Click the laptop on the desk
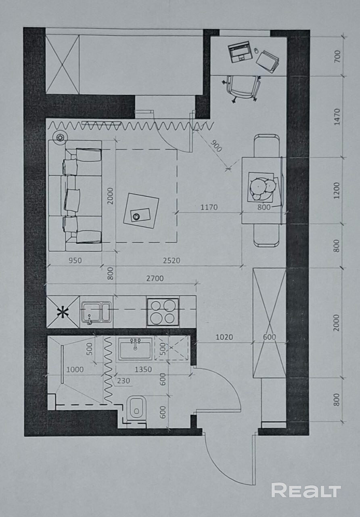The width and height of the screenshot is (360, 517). [239, 52]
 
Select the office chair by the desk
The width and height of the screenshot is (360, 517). [242, 88]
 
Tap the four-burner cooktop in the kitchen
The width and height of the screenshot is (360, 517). [163, 312]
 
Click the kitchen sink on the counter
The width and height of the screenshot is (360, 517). [96, 312]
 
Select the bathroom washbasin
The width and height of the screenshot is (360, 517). [135, 349]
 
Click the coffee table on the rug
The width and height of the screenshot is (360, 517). [141, 211]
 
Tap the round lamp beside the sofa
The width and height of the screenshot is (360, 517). [60, 138]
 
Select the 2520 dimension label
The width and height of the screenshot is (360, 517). [172, 261]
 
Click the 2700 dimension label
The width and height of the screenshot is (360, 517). [155, 279]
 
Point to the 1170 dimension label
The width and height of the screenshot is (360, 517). [209, 207]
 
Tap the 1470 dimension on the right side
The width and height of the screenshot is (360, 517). [337, 117]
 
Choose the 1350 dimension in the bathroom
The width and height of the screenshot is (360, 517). [143, 370]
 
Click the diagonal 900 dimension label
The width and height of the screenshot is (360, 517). [216, 146]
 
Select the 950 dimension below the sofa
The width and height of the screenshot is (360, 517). [75, 261]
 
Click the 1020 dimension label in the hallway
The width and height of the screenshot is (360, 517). [224, 337]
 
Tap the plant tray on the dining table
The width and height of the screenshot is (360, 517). [264, 188]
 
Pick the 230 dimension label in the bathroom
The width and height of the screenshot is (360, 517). [123, 380]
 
